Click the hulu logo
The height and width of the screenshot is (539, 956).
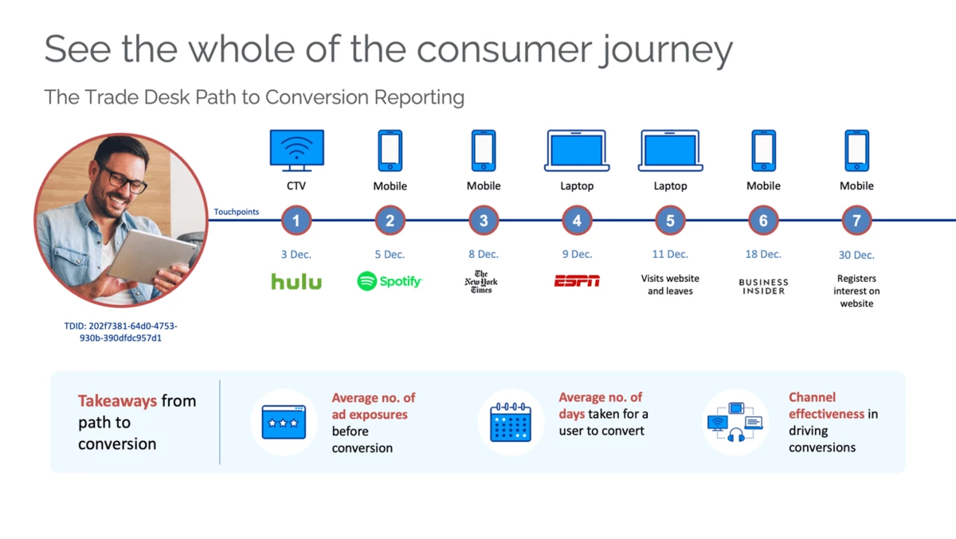pyautogui.click(x=296, y=281)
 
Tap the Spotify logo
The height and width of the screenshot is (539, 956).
pyautogui.click(x=390, y=281)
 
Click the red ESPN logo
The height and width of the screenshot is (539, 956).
pyautogui.click(x=577, y=281)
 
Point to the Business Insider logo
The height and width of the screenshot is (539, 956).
pyautogui.click(x=763, y=287)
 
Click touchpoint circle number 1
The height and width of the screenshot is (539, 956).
pyautogui.click(x=296, y=221)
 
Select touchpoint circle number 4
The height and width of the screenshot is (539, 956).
pyautogui.click(x=577, y=221)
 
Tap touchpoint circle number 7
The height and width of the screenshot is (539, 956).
pyautogui.click(x=856, y=221)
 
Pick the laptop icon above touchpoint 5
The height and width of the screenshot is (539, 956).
pyautogui.click(x=670, y=150)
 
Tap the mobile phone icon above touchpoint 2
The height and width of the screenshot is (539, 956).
pyautogui.click(x=390, y=150)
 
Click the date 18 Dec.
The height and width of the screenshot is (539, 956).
pyautogui.click(x=763, y=255)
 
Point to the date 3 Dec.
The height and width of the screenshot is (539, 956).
pyautogui.click(x=296, y=255)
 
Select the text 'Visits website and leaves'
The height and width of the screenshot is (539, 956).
pyautogui.click(x=670, y=285)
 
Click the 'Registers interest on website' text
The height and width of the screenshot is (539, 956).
pyautogui.click(x=856, y=291)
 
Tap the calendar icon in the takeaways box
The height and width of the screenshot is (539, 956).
pyautogui.click(x=511, y=422)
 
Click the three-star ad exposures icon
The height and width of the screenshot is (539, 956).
pyautogui.click(x=284, y=422)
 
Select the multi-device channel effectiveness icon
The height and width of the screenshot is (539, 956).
pyautogui.click(x=735, y=422)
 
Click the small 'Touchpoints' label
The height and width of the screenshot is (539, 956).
pyautogui.click(x=237, y=213)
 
